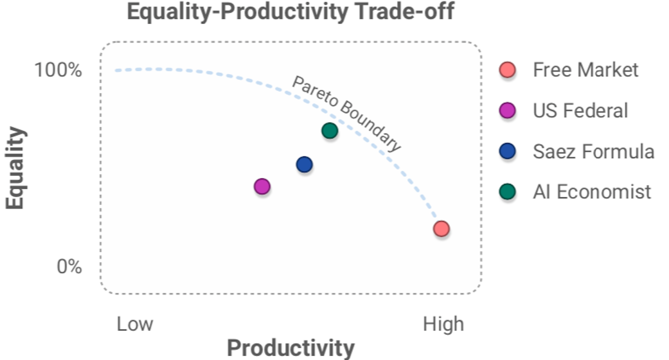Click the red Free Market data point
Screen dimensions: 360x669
point(441,229)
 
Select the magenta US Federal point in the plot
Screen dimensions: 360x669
point(262,187)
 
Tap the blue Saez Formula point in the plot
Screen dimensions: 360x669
point(304,164)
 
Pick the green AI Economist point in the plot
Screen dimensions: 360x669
point(330,131)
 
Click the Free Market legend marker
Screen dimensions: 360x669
point(508,70)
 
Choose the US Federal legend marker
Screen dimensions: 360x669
point(508,111)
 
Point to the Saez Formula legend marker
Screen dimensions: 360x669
point(508,151)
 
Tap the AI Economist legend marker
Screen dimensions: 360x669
point(508,191)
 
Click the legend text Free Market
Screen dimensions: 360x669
point(585,70)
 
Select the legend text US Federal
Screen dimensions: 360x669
point(580,111)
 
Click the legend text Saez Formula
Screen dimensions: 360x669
point(593,151)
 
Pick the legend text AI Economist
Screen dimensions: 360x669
point(592,191)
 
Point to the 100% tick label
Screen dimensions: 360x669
point(58,70)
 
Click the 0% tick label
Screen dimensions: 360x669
point(69,267)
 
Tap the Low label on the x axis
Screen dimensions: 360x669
point(135,324)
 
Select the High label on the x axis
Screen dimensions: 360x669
point(443,324)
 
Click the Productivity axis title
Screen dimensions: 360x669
point(291,348)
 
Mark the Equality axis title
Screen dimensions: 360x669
point(16,168)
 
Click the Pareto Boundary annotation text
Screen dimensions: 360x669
point(346,113)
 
